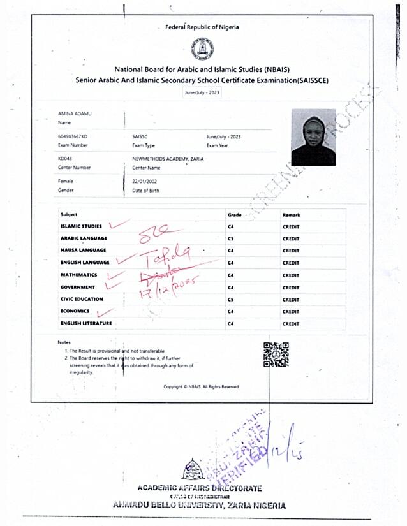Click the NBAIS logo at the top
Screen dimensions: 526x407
(202, 49)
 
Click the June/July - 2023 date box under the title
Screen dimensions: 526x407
(202, 92)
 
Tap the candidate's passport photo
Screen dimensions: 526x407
(313, 138)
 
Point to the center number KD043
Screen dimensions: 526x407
(65, 159)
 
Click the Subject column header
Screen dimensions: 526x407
(69, 215)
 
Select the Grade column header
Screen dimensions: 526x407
(234, 215)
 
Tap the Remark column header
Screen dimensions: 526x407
(291, 215)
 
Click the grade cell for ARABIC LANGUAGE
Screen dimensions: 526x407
(231, 238)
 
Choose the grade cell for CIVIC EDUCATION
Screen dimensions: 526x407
(231, 300)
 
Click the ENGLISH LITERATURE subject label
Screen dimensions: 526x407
(86, 324)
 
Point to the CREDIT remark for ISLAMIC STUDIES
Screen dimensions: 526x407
(291, 226)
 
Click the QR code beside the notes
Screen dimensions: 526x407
(276, 354)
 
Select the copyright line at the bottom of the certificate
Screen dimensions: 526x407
(202, 386)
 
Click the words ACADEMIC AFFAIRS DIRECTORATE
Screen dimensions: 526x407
(199, 488)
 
